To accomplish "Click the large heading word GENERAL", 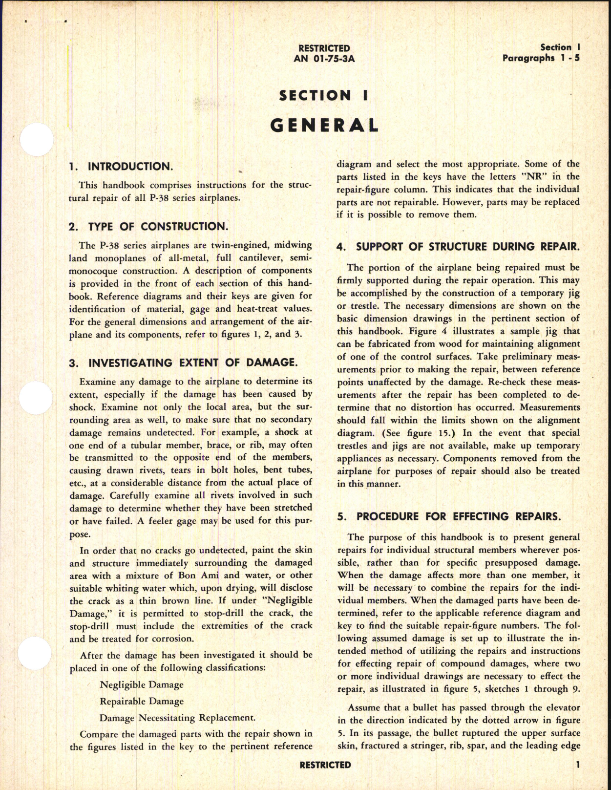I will [x=324, y=126].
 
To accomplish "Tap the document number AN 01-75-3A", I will [x=324, y=58].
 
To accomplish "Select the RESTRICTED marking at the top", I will [x=324, y=48].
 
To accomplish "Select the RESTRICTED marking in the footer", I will [x=325, y=765].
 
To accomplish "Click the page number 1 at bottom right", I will [x=577, y=765].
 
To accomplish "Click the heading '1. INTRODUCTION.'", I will [x=121, y=167].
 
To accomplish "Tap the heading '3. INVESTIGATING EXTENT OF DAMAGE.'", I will [x=183, y=363].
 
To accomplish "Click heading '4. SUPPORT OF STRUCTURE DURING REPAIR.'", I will [x=458, y=247].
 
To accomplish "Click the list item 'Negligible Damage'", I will [x=142, y=684].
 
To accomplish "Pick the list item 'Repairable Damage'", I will [x=142, y=701].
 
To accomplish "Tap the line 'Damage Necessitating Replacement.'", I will [x=177, y=718].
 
